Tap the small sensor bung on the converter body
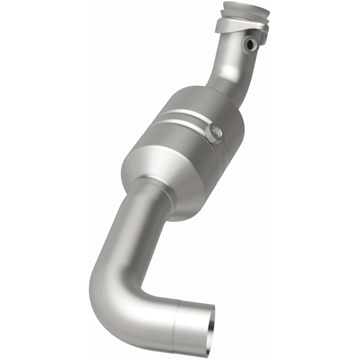tap(213, 132)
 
